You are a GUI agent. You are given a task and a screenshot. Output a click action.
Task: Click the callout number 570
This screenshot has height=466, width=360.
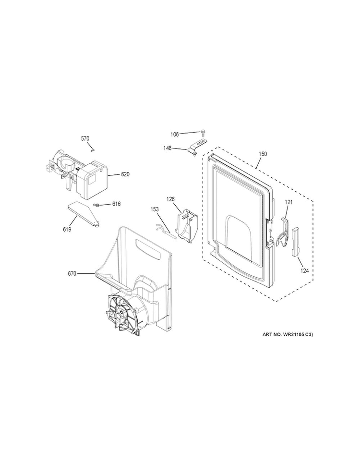tap(85, 138)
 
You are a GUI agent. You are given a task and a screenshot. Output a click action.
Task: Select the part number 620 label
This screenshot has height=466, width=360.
tap(125, 174)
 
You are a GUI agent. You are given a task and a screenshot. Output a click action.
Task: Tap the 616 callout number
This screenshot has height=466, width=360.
tap(116, 204)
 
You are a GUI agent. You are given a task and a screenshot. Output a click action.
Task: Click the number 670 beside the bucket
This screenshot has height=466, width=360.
tap(72, 274)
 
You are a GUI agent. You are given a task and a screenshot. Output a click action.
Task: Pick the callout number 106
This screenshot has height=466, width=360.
tap(174, 135)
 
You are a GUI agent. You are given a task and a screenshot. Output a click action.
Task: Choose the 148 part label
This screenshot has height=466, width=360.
tap(168, 148)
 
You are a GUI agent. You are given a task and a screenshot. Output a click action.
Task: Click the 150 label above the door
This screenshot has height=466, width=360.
tap(263, 154)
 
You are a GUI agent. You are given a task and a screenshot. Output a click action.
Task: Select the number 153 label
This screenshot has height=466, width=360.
tap(155, 209)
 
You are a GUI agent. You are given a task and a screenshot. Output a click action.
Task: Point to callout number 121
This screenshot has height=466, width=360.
tap(288, 202)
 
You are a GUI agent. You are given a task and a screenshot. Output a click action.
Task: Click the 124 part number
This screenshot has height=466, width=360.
tap(304, 270)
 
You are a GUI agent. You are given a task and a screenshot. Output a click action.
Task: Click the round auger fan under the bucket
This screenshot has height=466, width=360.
tap(122, 313)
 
